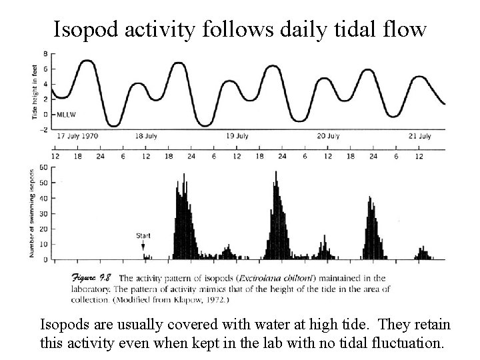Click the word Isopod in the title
tap(86, 30)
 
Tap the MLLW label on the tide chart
tap(66, 115)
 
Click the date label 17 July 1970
tap(77, 136)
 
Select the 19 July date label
tap(237, 136)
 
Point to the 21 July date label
tap(420, 136)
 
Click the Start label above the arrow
tap(143, 236)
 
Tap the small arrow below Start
tap(143, 245)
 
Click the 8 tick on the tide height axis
tap(45, 54)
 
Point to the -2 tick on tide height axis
tap(44, 129)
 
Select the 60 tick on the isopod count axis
tap(44, 167)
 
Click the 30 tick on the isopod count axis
tap(44, 214)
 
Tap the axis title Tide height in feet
tap(35, 92)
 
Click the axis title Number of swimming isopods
tap(31, 213)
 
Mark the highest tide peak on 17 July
tap(87, 61)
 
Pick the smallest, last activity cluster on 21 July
tap(424, 253)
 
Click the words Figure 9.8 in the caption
tap(91, 278)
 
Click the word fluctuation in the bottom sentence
tap(408, 343)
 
